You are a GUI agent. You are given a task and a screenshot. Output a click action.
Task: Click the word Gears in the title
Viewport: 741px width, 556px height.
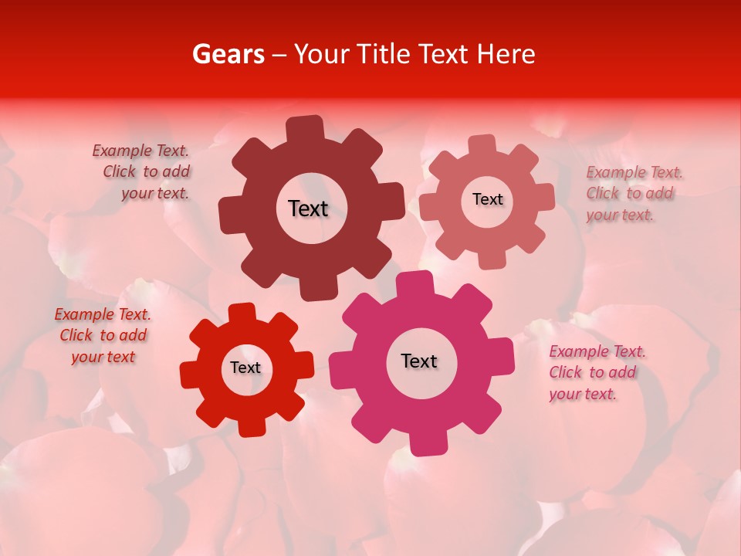coord(227,54)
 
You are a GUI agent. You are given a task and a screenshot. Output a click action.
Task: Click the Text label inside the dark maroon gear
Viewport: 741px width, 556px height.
coord(308,208)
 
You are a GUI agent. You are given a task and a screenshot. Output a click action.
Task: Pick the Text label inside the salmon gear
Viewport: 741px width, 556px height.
coord(487,199)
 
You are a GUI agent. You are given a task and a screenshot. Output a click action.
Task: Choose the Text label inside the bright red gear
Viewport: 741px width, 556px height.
coord(245,368)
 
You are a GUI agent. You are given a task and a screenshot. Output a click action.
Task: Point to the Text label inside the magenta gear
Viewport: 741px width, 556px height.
coord(419,361)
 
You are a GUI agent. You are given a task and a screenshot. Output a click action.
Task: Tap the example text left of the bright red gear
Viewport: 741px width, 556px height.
coord(103,335)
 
